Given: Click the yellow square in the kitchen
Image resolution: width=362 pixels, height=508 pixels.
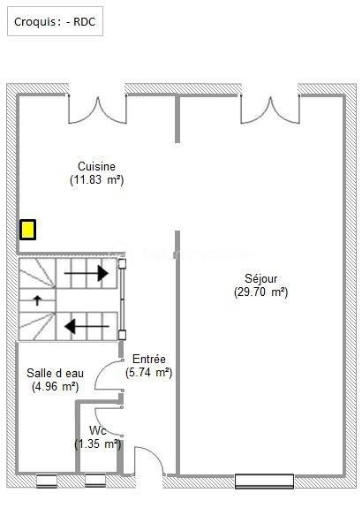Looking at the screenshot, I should (28, 230).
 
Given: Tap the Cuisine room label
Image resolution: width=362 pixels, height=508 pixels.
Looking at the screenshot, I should (96, 166).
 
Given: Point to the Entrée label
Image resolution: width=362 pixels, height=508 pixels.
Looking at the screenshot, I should (149, 359).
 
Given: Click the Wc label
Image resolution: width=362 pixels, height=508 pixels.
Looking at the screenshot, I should (97, 430).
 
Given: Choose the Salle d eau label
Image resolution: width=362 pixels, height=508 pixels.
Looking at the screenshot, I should (56, 373).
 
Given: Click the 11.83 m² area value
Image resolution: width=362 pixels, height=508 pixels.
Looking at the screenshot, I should (96, 180).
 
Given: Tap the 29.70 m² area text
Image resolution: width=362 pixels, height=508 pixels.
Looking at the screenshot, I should (261, 292).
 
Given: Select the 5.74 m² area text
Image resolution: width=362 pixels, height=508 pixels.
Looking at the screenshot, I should (149, 373).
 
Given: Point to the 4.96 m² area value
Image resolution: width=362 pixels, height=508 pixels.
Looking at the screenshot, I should (56, 386).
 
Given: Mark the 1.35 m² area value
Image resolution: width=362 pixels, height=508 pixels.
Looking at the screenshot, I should (97, 444).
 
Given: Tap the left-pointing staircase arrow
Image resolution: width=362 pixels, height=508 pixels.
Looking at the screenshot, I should (88, 326).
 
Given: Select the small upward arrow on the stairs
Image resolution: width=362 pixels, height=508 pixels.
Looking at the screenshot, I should (37, 300).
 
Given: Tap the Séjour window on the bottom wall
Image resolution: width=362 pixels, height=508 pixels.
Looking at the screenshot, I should (264, 481).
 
